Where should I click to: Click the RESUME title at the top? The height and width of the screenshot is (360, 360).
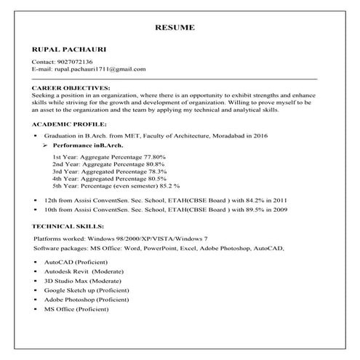click(x=175, y=28)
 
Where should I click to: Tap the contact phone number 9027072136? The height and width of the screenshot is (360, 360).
click(x=73, y=63)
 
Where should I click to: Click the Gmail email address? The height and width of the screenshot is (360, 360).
click(x=100, y=70)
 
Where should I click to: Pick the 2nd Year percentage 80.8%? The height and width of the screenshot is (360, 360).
click(x=151, y=164)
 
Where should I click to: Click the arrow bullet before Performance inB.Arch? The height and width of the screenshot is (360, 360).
click(x=47, y=145)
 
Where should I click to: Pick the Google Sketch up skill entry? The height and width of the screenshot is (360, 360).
click(x=87, y=289)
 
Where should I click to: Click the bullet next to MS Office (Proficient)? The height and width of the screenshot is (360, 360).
click(x=36, y=310)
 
